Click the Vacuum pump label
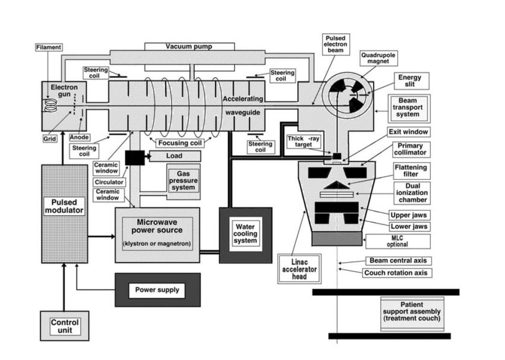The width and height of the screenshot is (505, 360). (188, 46)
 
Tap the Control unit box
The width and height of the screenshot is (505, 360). (64, 326)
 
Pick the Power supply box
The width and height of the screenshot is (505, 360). (157, 290)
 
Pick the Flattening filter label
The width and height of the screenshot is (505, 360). (410, 171)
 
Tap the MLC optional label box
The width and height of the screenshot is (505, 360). (396, 240)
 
